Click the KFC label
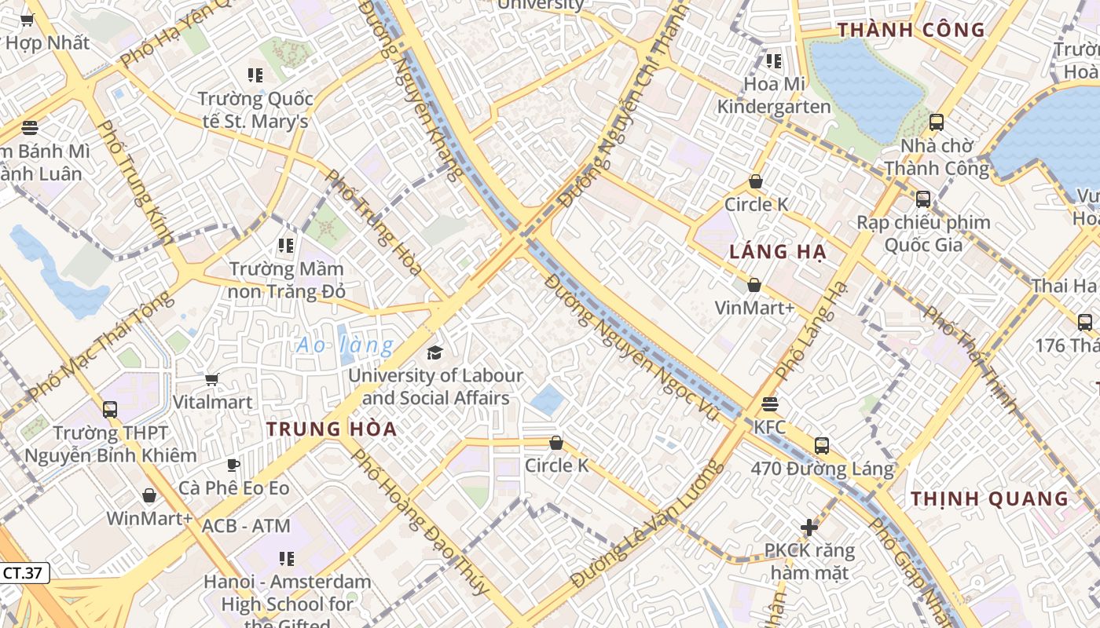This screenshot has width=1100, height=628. (x=769, y=428)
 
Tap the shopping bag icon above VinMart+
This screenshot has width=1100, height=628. (x=754, y=285)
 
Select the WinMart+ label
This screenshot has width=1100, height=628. (x=149, y=518)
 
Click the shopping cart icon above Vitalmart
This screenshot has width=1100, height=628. (x=211, y=380)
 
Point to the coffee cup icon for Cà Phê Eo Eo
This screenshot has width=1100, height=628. (x=233, y=466)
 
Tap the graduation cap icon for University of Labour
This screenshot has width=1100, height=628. (x=434, y=352)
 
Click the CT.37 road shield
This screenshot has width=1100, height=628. (x=23, y=573)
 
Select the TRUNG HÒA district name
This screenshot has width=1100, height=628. (x=332, y=429)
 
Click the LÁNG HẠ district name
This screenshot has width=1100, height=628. (x=778, y=252)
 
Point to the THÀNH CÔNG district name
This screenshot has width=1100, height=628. (x=911, y=31)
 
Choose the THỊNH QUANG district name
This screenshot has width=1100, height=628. (x=990, y=499)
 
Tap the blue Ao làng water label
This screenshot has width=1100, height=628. (x=345, y=345)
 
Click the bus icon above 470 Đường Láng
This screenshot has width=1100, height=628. (x=822, y=446)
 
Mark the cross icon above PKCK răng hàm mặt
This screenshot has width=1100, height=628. (x=809, y=528)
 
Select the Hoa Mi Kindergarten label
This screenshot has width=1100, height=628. (x=774, y=95)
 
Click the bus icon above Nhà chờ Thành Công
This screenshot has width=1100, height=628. (x=937, y=122)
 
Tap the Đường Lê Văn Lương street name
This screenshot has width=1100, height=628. (x=646, y=524)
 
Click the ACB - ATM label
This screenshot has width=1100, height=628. (x=246, y=526)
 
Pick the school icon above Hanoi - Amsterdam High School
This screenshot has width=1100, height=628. (x=287, y=559)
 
